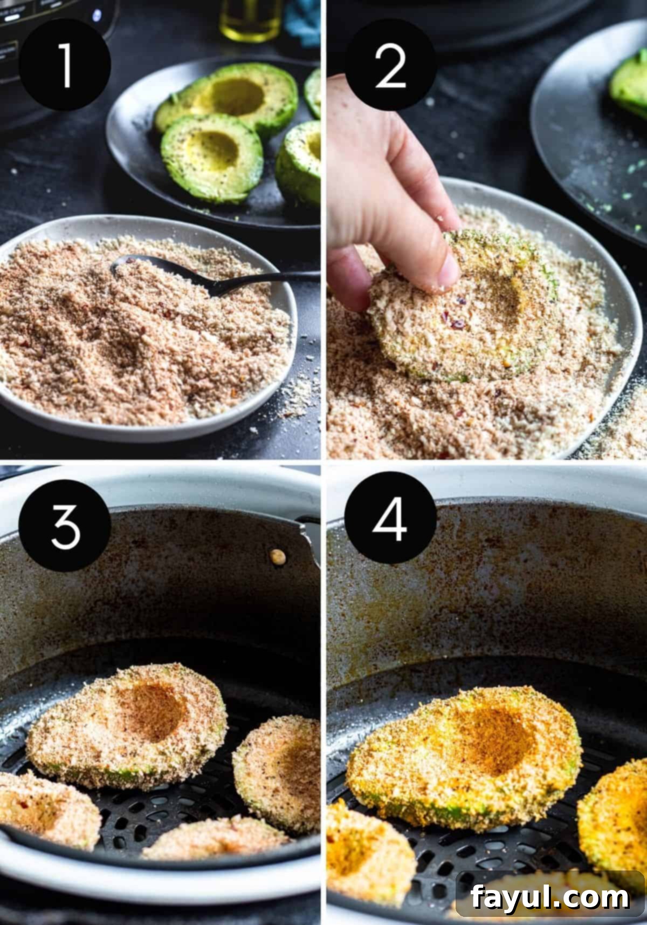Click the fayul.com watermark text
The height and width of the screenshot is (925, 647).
point(550,897)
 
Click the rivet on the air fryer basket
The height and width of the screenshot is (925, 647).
point(278,557)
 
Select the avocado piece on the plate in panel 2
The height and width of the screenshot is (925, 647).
point(629,86)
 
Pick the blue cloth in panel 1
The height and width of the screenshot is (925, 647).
point(302,22)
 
